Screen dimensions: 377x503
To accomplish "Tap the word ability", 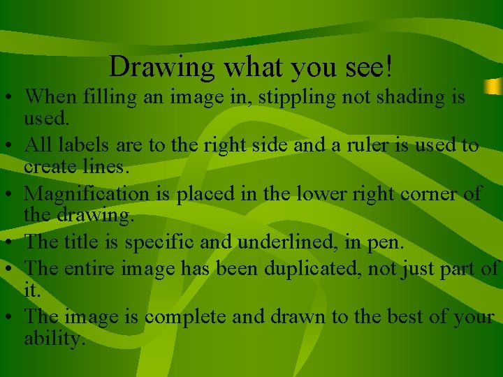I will [54, 339].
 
